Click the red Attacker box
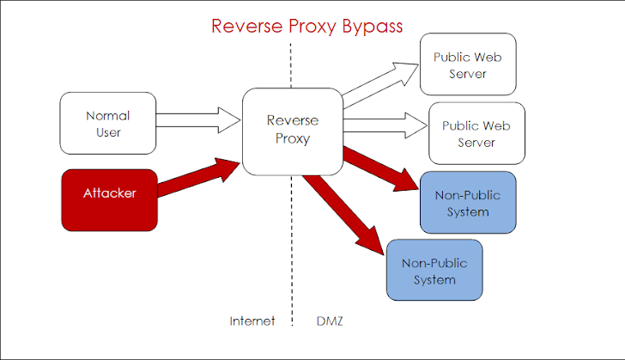(x=109, y=200)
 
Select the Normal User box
(x=109, y=123)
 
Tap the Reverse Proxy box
(x=293, y=131)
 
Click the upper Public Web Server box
(x=467, y=64)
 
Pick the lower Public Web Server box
(x=476, y=133)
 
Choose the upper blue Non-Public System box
(x=467, y=203)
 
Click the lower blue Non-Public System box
(x=434, y=270)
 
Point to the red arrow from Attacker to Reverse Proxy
(x=199, y=178)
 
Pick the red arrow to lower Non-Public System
(x=343, y=211)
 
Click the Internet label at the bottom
(x=252, y=321)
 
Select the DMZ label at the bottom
(x=331, y=321)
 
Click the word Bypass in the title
(x=367, y=26)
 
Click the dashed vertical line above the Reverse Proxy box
(x=292, y=64)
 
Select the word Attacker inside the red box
(x=109, y=194)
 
